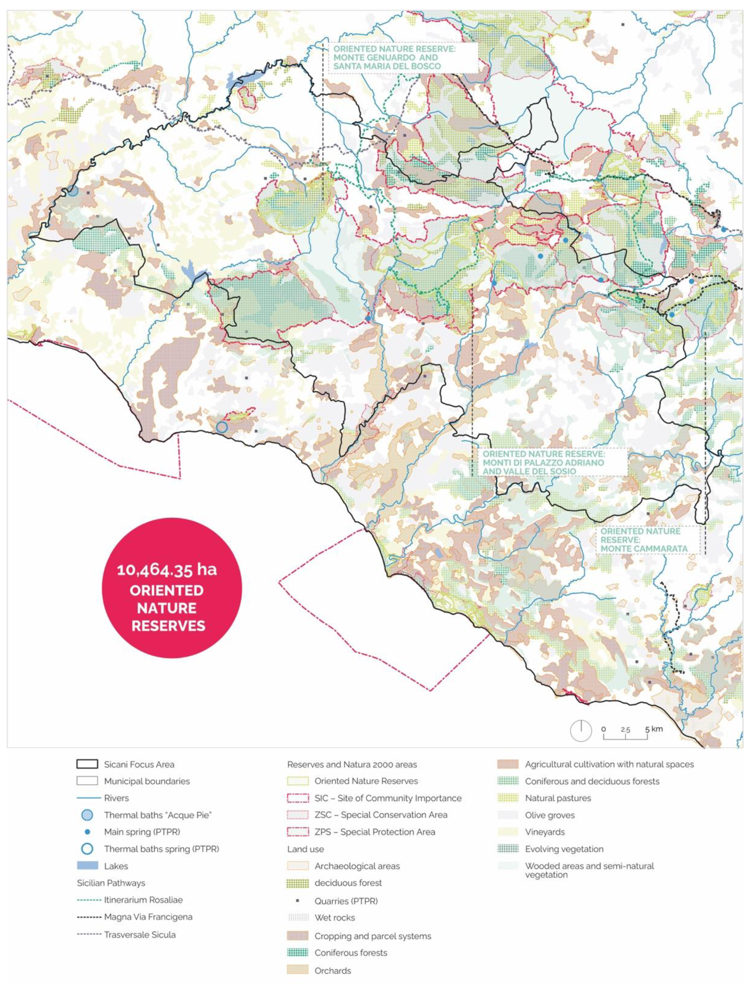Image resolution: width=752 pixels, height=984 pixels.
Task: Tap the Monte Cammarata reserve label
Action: [644, 540]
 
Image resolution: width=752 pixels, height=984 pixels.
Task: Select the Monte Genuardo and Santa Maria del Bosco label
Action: [394, 57]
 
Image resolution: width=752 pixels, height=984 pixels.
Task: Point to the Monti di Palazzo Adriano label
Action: [543, 463]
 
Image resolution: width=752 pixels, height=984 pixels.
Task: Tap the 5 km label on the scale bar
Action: [654, 729]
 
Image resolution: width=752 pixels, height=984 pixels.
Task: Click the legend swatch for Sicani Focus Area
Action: [87, 764]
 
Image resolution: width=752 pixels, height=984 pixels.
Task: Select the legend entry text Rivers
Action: [116, 798]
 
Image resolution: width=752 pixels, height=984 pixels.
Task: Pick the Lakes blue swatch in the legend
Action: [87, 866]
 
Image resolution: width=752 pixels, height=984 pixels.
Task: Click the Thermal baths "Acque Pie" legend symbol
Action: [87, 815]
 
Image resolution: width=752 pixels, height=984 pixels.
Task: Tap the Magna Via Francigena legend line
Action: [89, 917]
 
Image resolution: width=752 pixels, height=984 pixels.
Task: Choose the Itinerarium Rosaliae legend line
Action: [89, 900]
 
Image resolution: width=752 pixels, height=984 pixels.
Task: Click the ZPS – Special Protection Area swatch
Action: [298, 832]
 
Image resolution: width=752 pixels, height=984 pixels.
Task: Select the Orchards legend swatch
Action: [298, 970]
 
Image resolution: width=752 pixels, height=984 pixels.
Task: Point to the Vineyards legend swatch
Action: [508, 832]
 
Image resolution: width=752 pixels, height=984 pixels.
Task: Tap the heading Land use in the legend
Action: [305, 849]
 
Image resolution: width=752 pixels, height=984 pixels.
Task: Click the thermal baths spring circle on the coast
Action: [221, 427]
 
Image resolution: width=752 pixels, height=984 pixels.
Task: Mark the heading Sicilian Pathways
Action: [111, 883]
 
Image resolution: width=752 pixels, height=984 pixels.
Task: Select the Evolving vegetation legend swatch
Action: [508, 849]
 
